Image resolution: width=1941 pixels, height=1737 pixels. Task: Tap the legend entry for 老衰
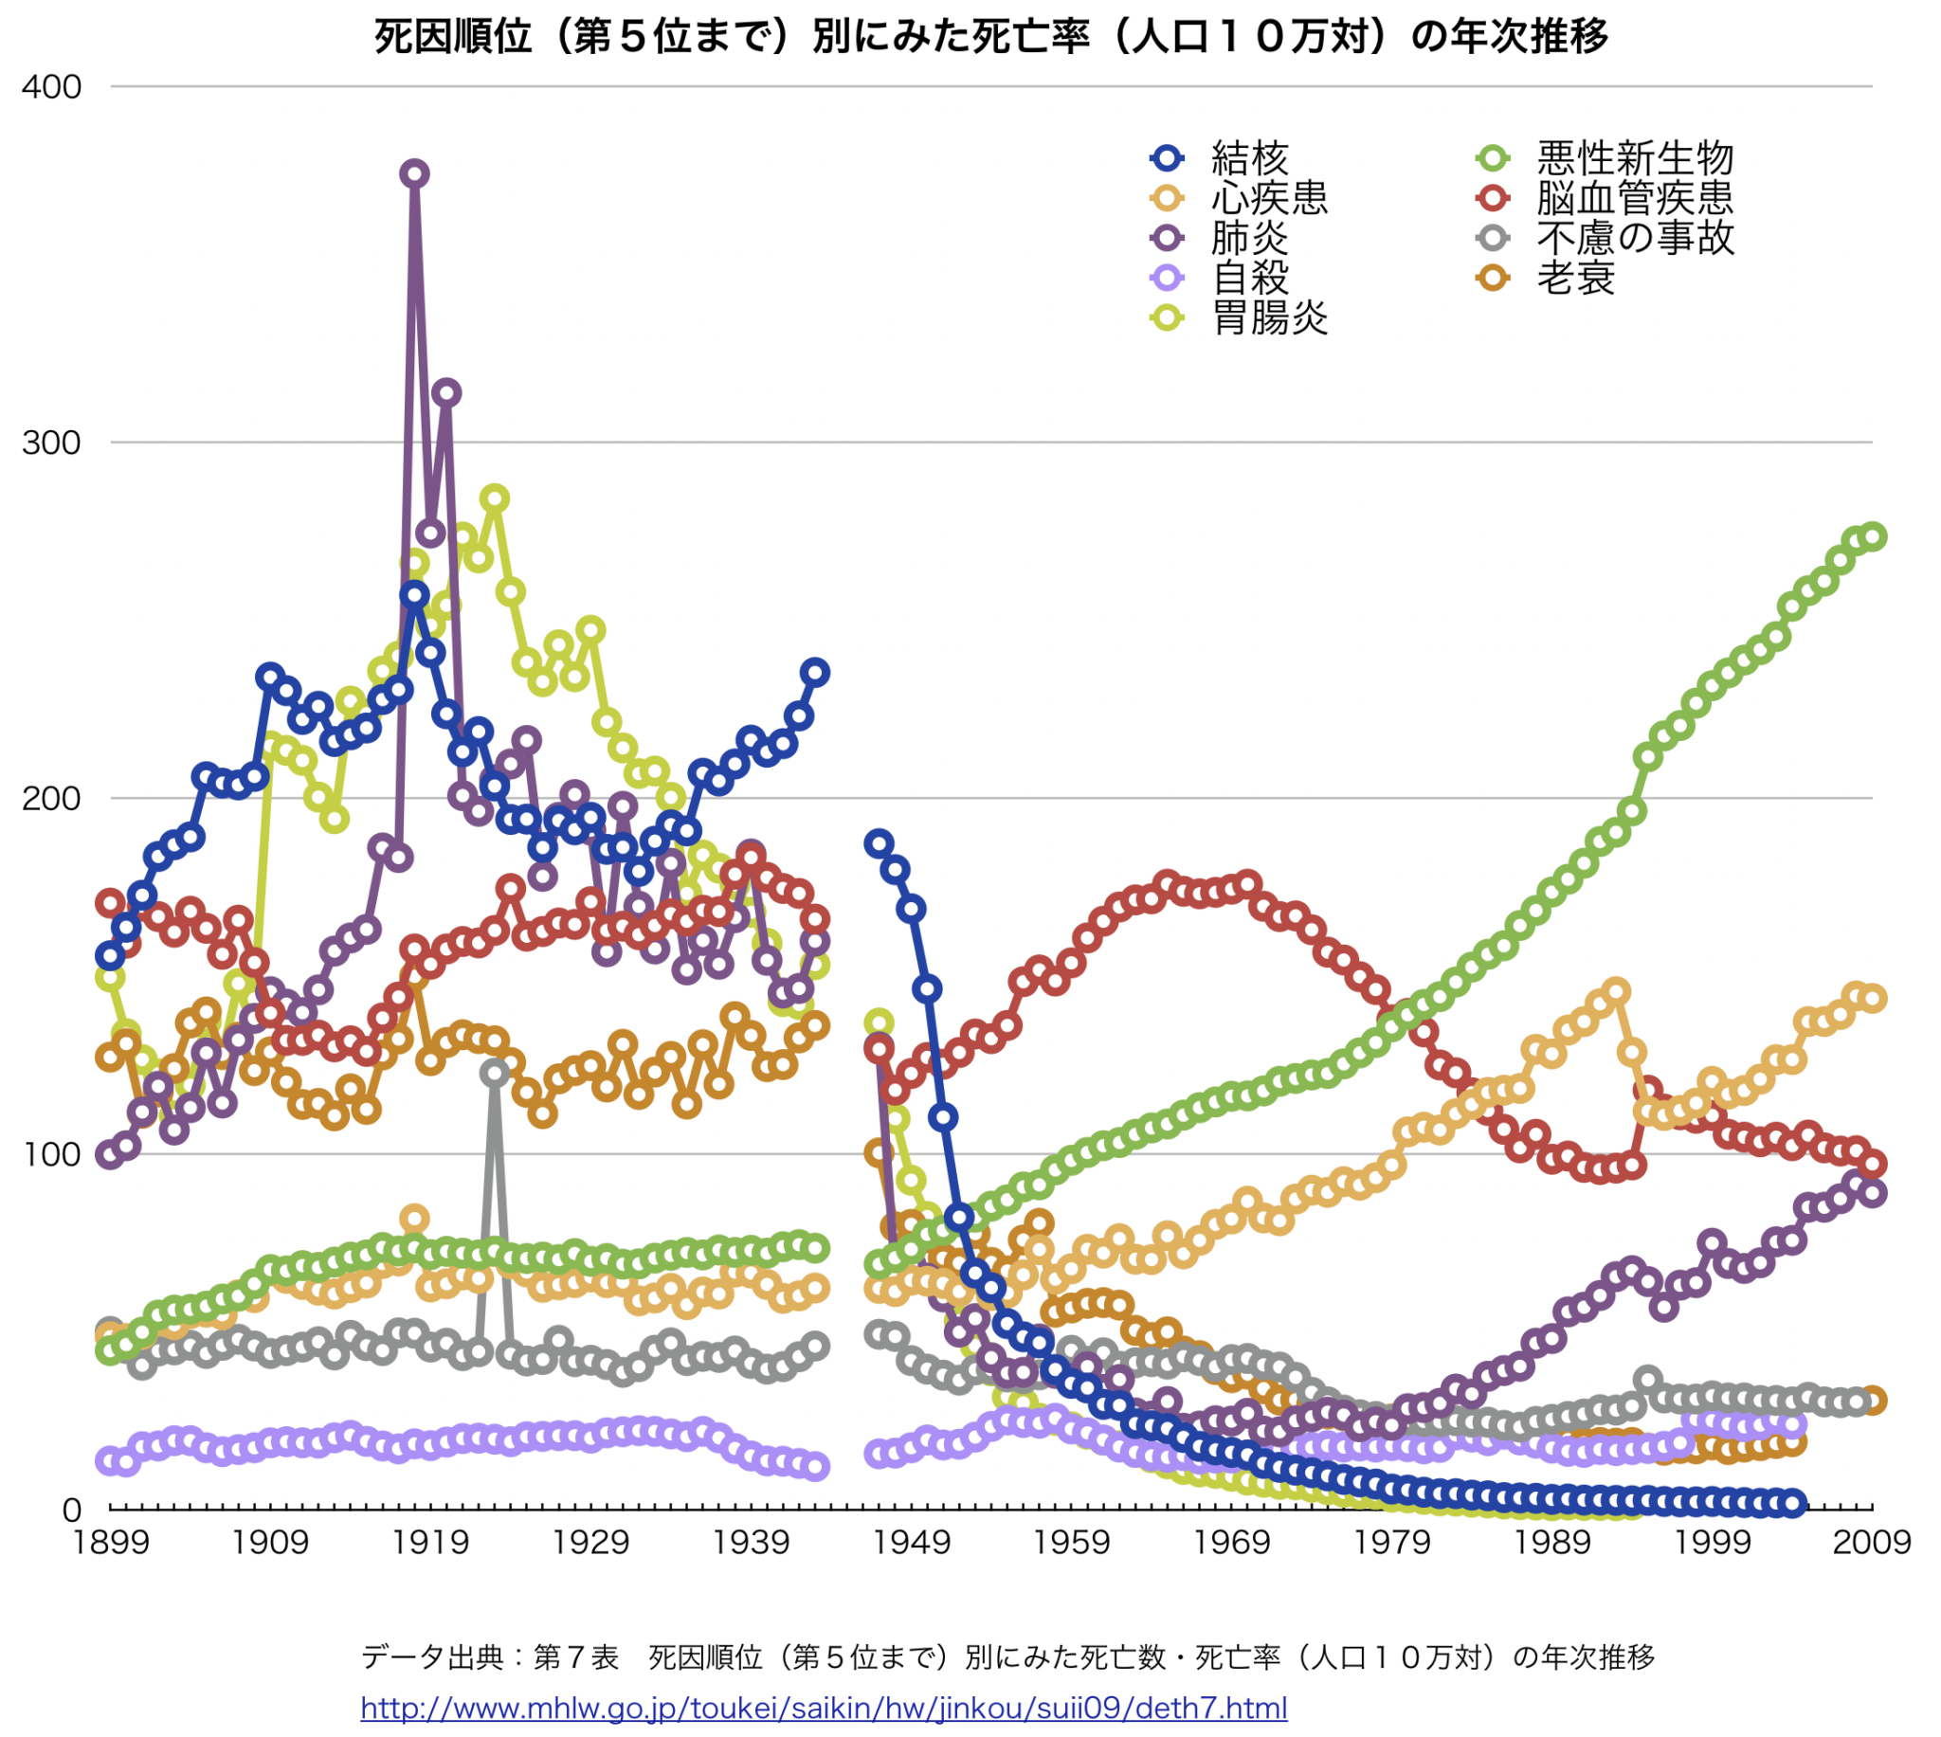point(1574,278)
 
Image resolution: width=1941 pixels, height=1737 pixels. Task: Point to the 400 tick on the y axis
point(51,87)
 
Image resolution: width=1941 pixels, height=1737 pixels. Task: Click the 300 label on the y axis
point(51,443)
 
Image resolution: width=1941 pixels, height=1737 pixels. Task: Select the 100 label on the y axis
point(51,1155)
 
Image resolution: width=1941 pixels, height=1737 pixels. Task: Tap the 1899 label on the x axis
point(111,1543)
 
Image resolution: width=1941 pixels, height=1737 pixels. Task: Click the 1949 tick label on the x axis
point(912,1543)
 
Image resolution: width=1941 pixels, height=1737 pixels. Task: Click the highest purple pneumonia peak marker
point(414,173)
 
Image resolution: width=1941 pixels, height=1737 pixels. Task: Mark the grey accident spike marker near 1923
point(495,1073)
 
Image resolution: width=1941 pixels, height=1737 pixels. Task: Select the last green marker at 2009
point(1873,536)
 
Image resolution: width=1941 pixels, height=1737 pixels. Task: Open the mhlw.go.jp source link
point(824,1708)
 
